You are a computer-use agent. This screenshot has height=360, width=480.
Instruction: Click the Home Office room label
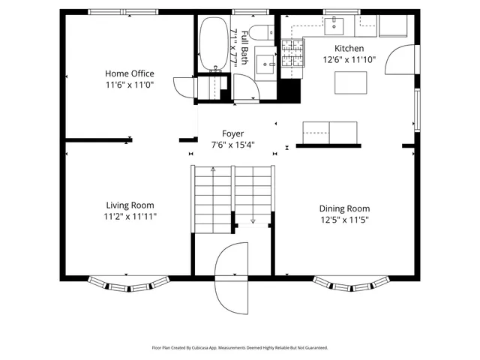129,73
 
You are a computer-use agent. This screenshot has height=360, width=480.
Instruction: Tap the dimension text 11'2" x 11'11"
130,216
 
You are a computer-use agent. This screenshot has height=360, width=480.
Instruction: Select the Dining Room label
344,208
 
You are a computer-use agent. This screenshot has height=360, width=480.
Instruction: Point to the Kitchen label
349,48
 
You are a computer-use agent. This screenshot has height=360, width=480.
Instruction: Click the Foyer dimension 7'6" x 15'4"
232,145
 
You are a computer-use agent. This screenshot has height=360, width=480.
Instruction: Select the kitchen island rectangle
351,82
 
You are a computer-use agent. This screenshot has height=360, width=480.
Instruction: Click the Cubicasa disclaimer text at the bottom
240,348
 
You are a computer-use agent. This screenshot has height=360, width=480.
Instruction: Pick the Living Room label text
130,205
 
